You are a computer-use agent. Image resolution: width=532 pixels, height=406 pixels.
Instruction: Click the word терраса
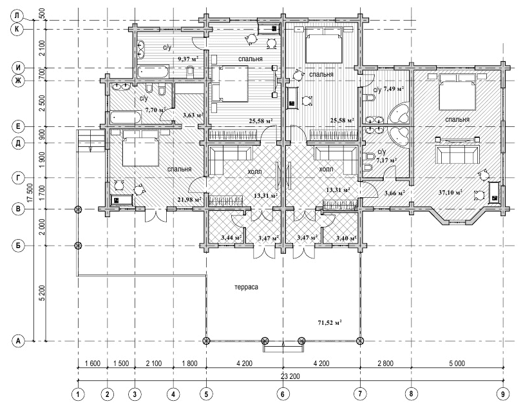(x=246, y=287)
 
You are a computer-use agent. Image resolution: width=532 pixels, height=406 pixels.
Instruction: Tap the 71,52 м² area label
(x=330, y=322)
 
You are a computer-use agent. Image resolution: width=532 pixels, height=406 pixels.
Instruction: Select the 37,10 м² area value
(x=450, y=193)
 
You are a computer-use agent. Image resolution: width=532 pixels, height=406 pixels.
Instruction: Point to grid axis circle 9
(x=503, y=394)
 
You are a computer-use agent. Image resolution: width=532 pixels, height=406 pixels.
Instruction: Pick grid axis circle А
(x=18, y=340)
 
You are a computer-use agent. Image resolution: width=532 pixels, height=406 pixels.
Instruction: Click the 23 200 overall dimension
(x=290, y=376)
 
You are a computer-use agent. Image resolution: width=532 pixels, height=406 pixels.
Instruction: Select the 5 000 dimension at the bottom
(x=457, y=363)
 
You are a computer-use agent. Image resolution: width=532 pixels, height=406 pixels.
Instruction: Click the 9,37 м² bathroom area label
(x=188, y=59)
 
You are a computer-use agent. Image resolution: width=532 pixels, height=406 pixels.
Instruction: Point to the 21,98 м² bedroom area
(x=189, y=200)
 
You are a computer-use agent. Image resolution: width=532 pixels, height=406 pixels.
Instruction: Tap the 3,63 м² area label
(x=193, y=115)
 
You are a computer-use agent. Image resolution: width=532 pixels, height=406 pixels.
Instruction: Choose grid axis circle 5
(x=206, y=394)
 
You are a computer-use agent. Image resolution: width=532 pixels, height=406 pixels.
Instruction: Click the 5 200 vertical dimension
(x=42, y=293)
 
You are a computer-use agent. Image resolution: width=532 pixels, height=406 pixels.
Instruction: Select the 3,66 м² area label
(x=395, y=193)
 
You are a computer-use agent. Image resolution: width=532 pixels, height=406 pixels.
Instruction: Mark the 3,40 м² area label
(x=346, y=238)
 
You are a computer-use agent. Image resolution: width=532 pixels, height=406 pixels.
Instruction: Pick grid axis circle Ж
(x=18, y=81)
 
